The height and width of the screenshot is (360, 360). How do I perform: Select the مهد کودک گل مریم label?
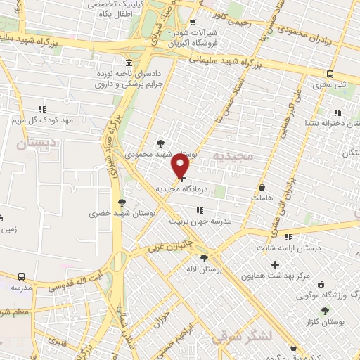tap(42, 120)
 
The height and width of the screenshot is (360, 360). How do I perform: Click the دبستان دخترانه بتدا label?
tap(330, 123)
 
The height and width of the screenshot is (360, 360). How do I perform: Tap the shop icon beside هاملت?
tap(262, 188)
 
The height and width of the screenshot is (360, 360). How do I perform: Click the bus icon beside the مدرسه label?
tap(22, 277)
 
